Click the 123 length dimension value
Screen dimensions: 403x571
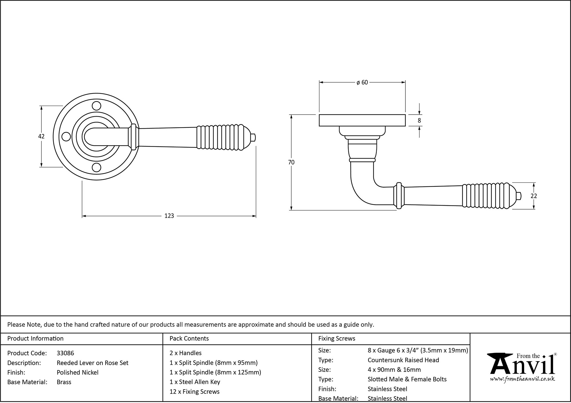pyautogui.click(x=169, y=216)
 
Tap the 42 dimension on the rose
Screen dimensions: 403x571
pyautogui.click(x=41, y=137)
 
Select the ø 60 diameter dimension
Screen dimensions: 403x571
pyautogui.click(x=362, y=83)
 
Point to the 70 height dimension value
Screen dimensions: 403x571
pyautogui.click(x=291, y=162)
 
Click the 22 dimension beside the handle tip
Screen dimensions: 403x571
pyautogui.click(x=534, y=196)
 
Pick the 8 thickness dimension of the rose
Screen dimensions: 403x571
pyautogui.click(x=419, y=121)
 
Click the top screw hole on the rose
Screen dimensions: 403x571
pyautogui.click(x=97, y=106)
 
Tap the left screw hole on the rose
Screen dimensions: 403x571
pyautogui.click(x=66, y=137)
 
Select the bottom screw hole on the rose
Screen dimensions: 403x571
pyautogui.click(x=97, y=167)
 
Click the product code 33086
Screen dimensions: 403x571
pyautogui.click(x=65, y=353)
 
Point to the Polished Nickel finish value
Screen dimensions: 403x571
pyautogui.click(x=77, y=372)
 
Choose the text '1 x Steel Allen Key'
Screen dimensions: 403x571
pyautogui.click(x=195, y=382)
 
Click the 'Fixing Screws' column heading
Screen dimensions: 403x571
pyautogui.click(x=337, y=339)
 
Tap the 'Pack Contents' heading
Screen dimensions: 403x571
pyautogui.click(x=189, y=339)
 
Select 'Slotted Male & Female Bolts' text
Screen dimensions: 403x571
pyautogui.click(x=407, y=379)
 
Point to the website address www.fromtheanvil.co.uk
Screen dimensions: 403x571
pyautogui.click(x=522, y=379)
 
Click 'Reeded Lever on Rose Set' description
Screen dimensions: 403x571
pyautogui.click(x=93, y=363)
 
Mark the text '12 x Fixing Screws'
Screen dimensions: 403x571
pyautogui.click(x=194, y=392)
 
